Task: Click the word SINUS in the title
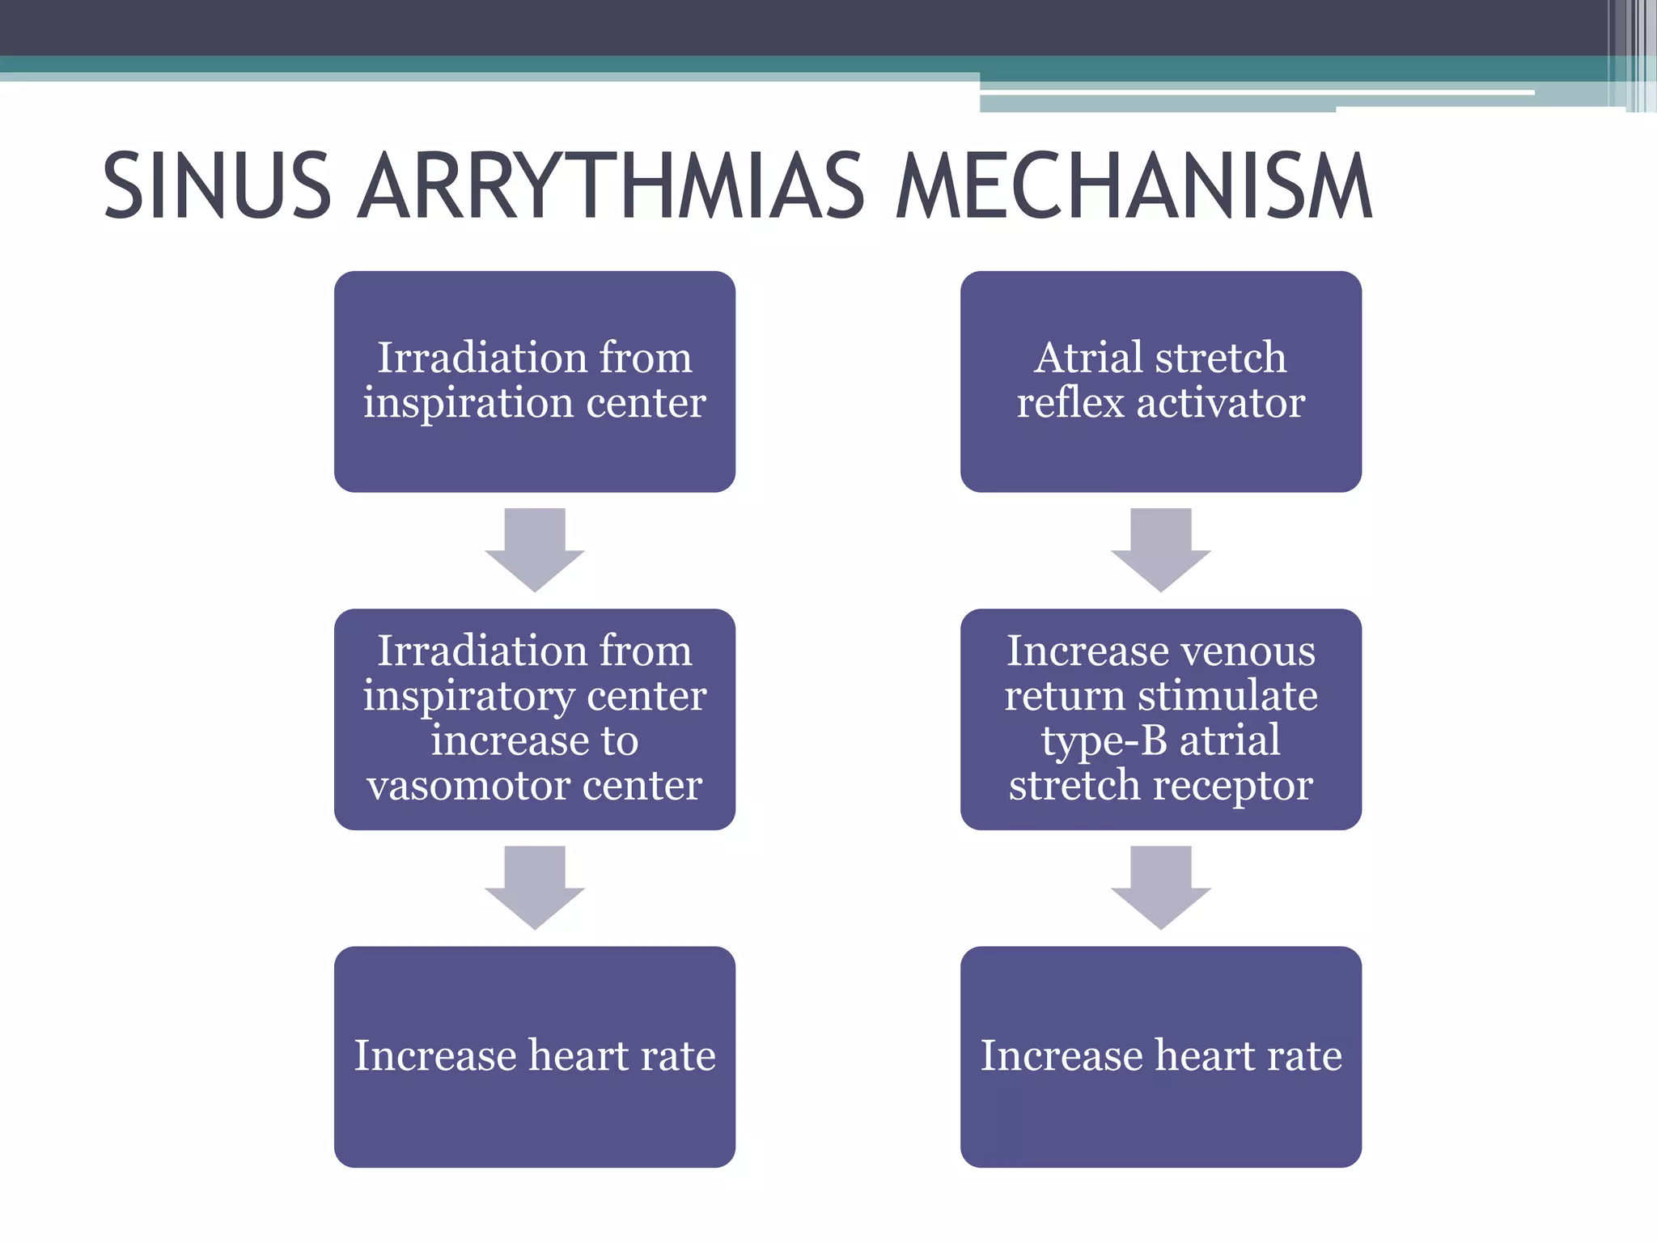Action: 217,186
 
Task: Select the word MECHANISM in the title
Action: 1134,186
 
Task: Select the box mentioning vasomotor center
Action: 534,719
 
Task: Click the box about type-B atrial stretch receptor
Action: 1160,719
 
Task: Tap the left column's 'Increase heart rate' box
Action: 534,1057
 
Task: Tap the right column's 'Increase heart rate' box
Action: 1160,1057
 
